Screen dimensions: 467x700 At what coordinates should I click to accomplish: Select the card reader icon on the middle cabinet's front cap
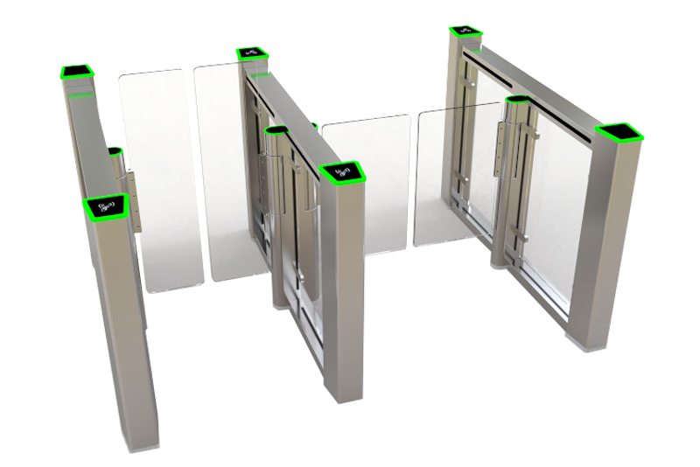click(x=343, y=172)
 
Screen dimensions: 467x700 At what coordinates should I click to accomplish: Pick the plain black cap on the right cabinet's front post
click(x=619, y=133)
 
